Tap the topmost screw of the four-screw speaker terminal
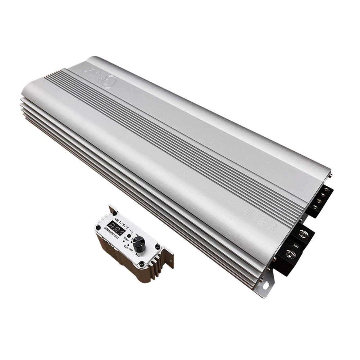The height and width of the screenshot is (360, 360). [x=326, y=190]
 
